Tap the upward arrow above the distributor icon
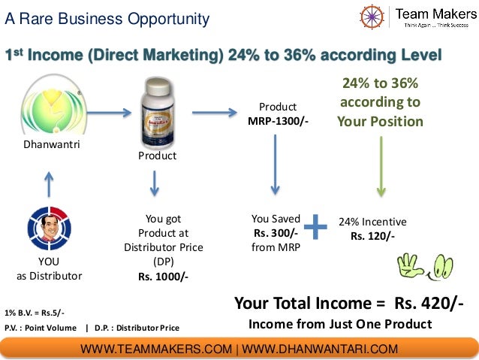(x=49, y=182)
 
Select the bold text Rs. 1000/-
(x=163, y=276)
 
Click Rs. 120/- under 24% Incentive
(x=372, y=236)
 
